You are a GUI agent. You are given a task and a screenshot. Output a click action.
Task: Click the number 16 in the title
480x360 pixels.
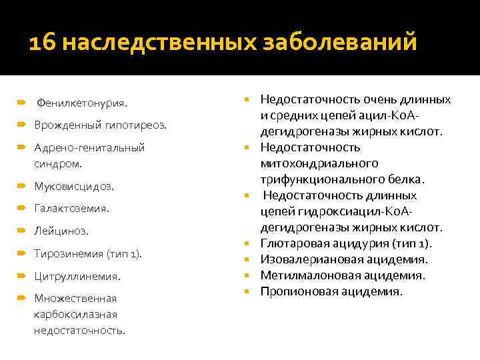[x=44, y=44]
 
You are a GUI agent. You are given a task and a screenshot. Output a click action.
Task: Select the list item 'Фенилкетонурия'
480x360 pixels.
[x=82, y=103]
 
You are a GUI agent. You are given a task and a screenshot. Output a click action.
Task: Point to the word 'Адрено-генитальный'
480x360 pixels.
[x=89, y=147]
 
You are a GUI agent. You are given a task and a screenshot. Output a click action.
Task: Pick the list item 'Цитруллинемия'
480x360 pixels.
[x=77, y=276]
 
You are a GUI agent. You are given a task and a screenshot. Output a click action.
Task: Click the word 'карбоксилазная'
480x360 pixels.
[x=75, y=314]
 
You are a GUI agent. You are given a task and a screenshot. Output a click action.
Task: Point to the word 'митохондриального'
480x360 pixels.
[x=319, y=163]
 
